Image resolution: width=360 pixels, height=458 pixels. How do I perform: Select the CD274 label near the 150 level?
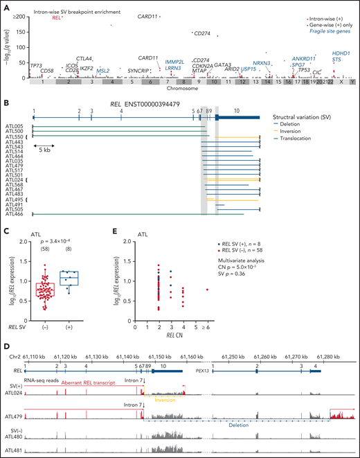(x=202, y=33)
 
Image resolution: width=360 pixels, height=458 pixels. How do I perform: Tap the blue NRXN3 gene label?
(x=262, y=63)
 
